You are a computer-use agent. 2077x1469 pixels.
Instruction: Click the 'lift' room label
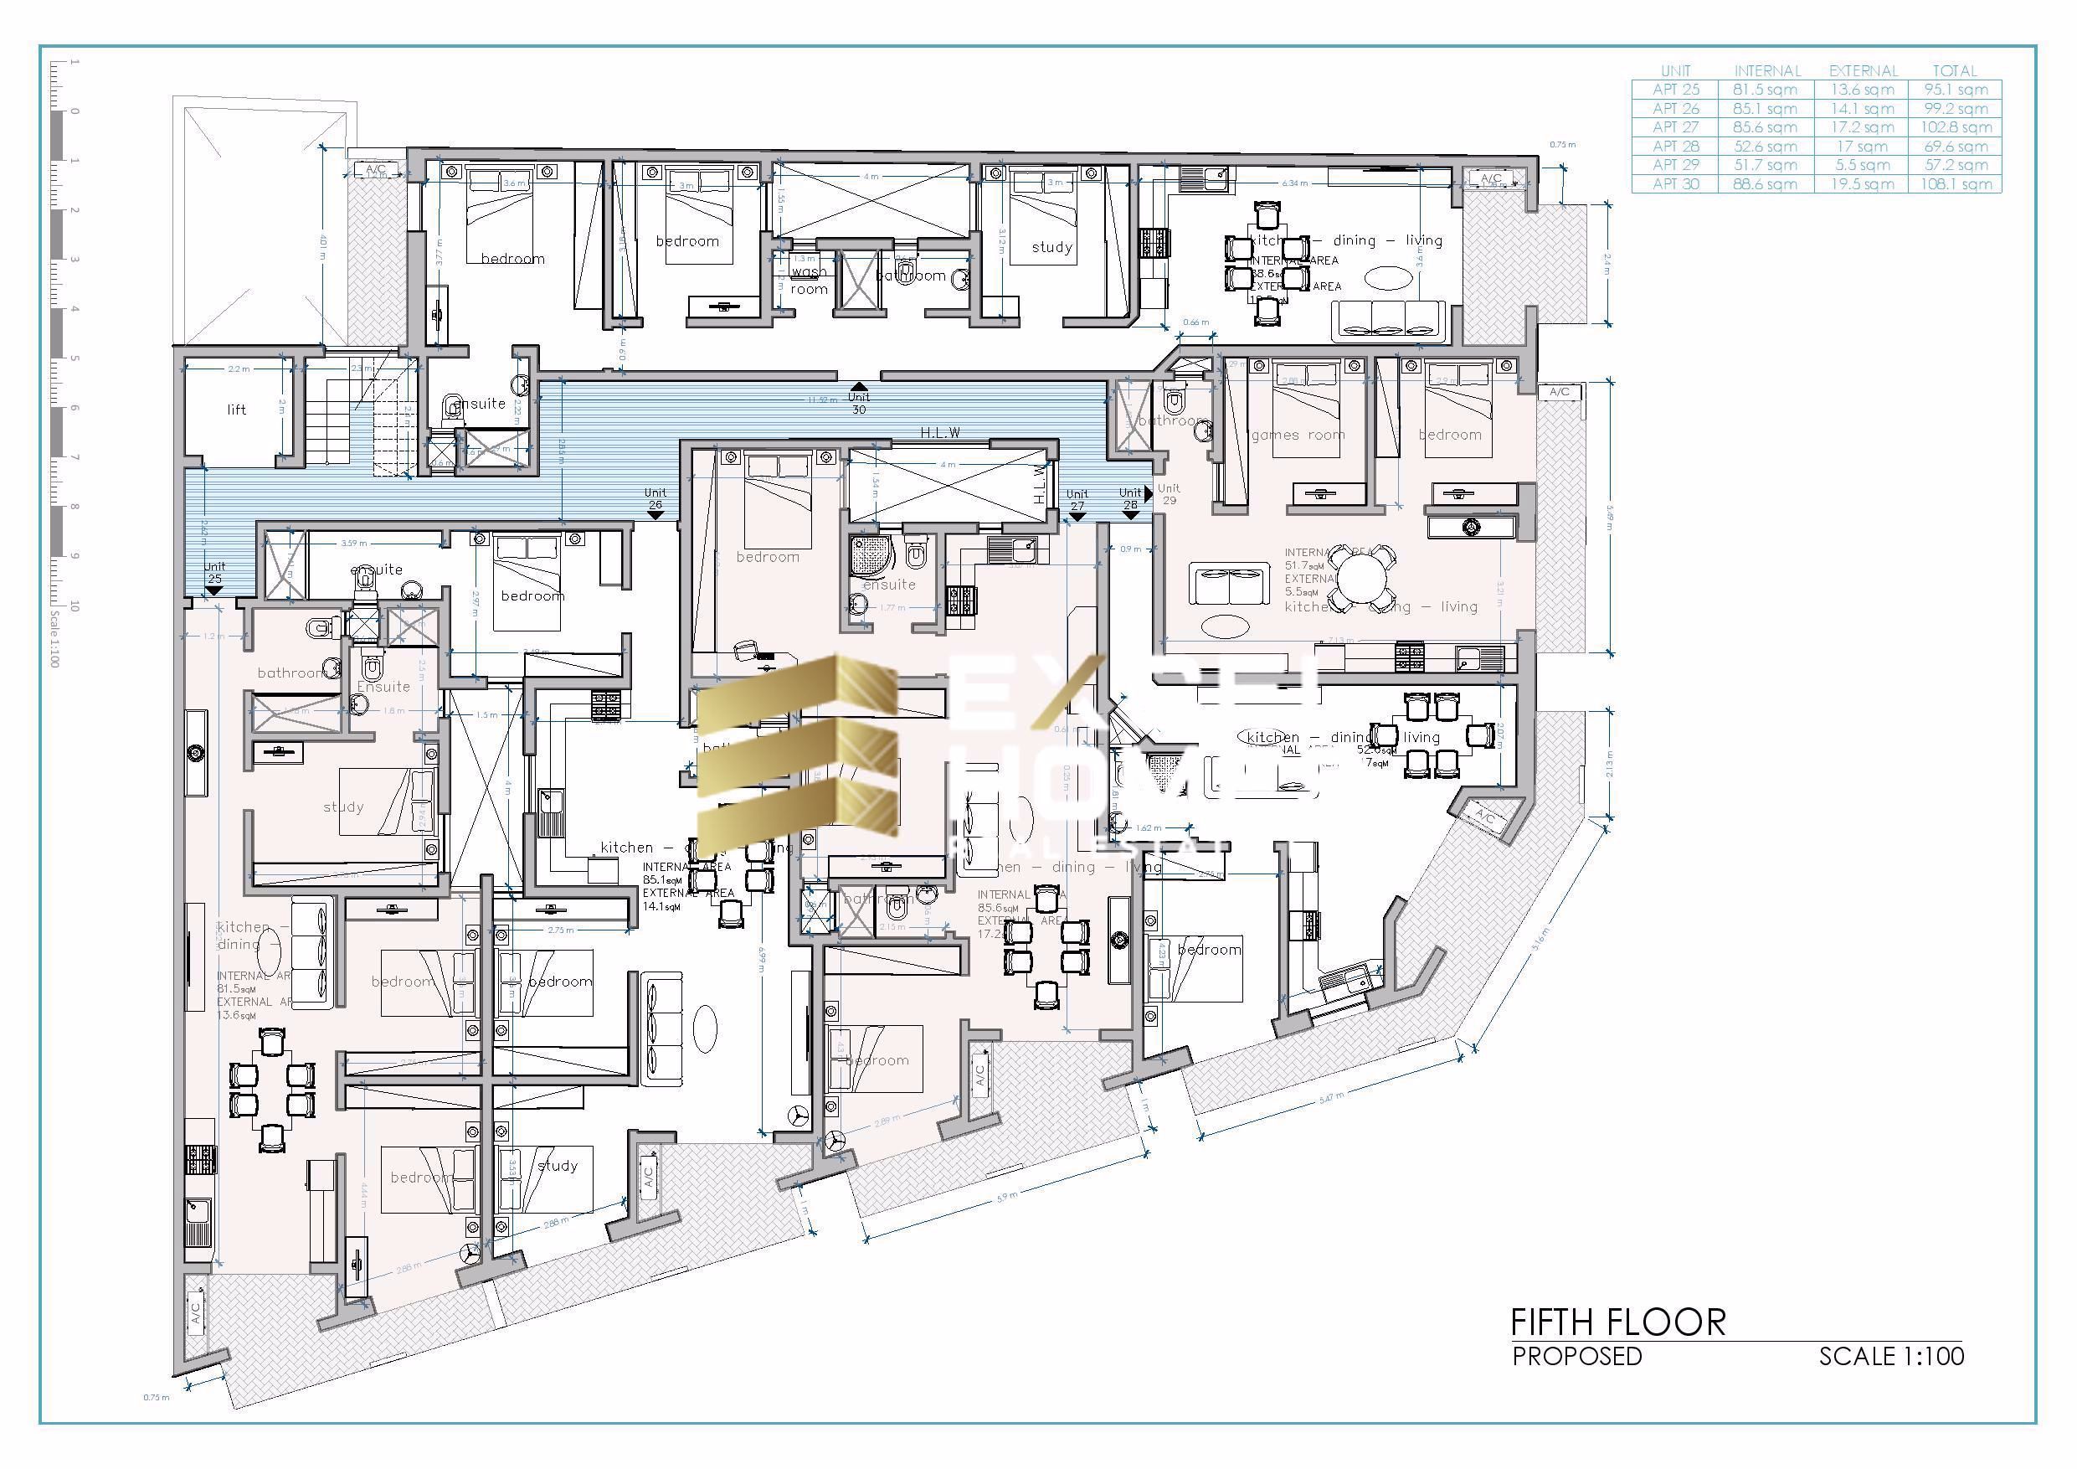(x=236, y=410)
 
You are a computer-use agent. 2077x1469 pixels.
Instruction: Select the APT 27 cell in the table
(x=1675, y=127)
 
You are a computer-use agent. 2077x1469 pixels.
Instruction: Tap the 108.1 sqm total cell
(x=1955, y=184)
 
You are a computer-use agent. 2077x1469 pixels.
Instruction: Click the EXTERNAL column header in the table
(x=1863, y=70)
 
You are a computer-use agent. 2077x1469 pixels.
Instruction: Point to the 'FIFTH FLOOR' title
(x=1618, y=1322)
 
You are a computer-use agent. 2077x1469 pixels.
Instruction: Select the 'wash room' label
(x=809, y=281)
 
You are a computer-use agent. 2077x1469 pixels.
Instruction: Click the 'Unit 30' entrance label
(x=857, y=403)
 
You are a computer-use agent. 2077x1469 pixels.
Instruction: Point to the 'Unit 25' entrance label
(x=214, y=573)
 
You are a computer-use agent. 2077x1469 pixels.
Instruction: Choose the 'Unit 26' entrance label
(x=655, y=498)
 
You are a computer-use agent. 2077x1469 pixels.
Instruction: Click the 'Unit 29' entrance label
(x=1169, y=494)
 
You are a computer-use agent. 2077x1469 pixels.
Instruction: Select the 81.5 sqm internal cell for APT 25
(x=1765, y=90)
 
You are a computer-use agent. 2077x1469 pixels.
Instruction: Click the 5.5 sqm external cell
(x=1862, y=166)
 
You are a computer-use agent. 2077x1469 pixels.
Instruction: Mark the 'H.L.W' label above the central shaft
(x=940, y=433)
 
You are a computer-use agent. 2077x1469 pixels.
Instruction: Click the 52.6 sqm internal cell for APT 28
(x=1765, y=147)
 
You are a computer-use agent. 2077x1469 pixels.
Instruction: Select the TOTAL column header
(x=1955, y=70)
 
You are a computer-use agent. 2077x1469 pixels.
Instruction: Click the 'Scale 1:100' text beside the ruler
(x=54, y=639)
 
